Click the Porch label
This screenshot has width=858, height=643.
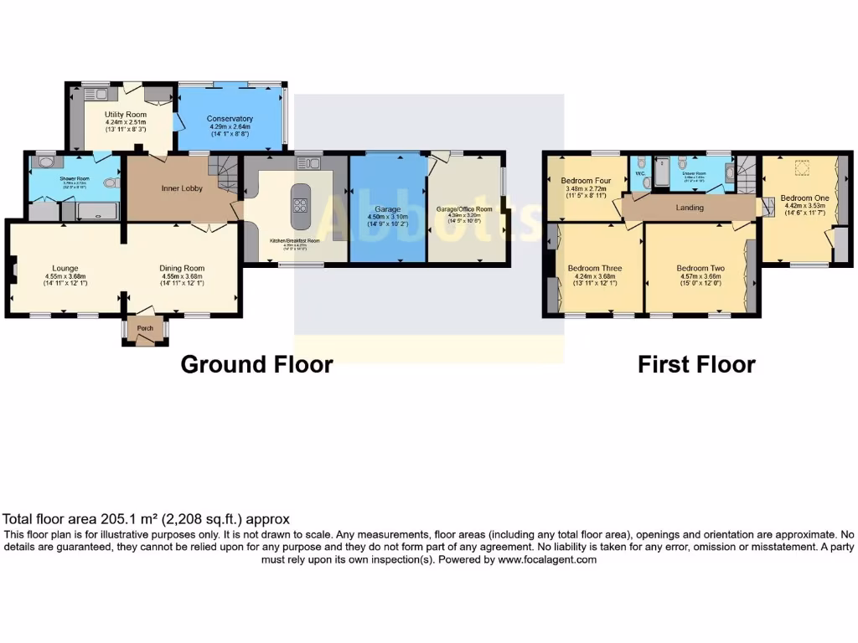(145, 328)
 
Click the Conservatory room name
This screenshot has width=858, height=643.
(230, 119)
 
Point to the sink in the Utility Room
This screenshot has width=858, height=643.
(90, 94)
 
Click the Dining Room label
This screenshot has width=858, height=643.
(182, 268)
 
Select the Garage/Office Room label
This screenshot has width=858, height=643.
(464, 208)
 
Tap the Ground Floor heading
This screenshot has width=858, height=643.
(256, 365)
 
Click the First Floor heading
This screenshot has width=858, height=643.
(696, 365)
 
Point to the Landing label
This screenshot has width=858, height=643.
(690, 208)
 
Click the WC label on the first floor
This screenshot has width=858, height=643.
(640, 174)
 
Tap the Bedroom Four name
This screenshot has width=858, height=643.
(586, 181)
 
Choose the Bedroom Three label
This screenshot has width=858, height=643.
(592, 268)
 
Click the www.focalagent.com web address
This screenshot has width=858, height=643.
(547, 560)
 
